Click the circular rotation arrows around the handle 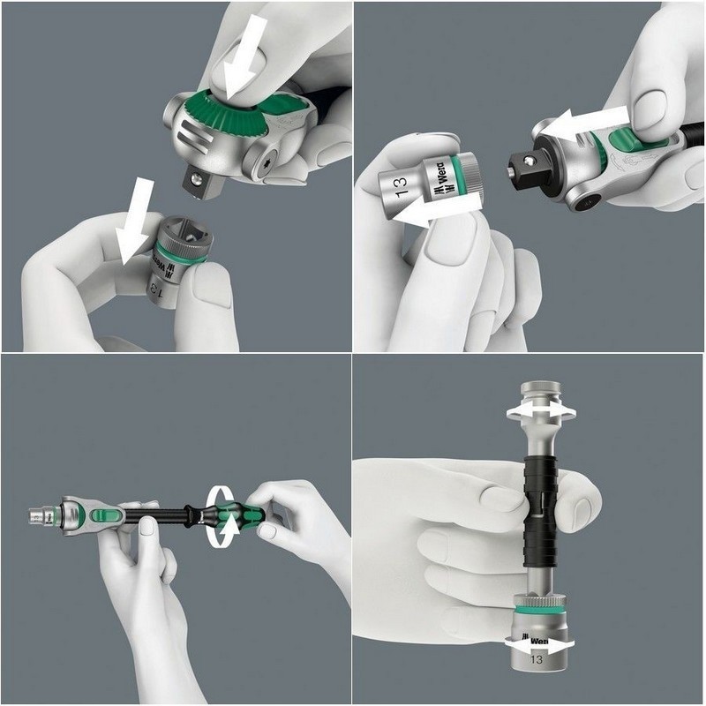point(221,511)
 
